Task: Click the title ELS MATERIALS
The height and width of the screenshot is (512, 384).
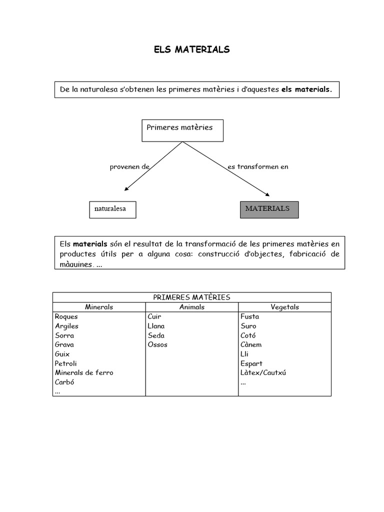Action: (191, 49)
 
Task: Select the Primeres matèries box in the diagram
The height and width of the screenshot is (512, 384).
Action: (182, 130)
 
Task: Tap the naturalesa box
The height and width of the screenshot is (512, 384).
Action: (112, 209)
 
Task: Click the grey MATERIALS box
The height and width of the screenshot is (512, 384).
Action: (268, 209)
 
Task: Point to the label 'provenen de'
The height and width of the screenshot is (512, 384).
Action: (130, 167)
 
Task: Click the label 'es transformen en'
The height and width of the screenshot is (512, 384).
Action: (258, 167)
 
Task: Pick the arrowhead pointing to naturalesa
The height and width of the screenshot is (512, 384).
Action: (126, 188)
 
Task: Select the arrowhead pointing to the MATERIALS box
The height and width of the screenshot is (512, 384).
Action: (267, 193)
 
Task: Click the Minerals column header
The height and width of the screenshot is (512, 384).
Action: (99, 307)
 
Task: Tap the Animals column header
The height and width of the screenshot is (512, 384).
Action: (192, 307)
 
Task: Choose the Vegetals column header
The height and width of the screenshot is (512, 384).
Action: (284, 307)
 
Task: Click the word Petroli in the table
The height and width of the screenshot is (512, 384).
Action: (66, 363)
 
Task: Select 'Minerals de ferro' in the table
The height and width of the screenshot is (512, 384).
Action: (84, 373)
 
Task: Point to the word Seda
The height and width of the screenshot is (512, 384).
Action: (156, 335)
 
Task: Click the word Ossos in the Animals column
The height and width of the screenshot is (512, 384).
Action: (157, 345)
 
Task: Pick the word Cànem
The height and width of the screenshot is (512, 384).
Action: (251, 345)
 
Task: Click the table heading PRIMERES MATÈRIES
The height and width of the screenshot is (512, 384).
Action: (191, 297)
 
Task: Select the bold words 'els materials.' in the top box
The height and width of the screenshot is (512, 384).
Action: (306, 90)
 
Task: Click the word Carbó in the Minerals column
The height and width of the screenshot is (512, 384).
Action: (64, 382)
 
